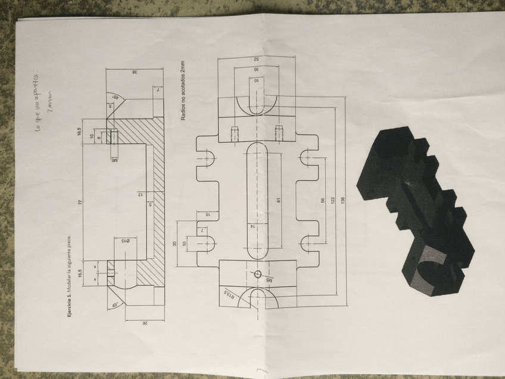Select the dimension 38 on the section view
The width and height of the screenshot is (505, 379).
(136, 72)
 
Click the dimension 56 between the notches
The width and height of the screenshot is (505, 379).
(323, 200)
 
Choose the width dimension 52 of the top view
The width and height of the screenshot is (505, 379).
(257, 59)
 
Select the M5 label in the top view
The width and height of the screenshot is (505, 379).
(269, 279)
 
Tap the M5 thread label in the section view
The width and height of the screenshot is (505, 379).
(114, 160)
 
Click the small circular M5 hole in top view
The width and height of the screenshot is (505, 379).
(257, 274)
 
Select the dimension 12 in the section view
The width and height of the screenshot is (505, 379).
(141, 195)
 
